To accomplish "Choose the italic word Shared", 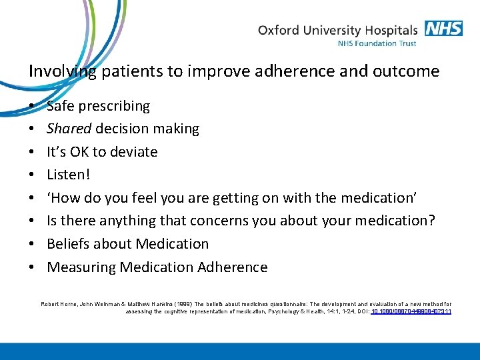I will point(69,129).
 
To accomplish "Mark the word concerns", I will point(217,221).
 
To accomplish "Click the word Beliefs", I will point(69,244).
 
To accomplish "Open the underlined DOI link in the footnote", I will point(411,311).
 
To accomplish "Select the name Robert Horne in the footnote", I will point(59,304).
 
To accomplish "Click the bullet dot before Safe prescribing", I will point(32,107).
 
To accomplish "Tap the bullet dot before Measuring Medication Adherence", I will point(32,268).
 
